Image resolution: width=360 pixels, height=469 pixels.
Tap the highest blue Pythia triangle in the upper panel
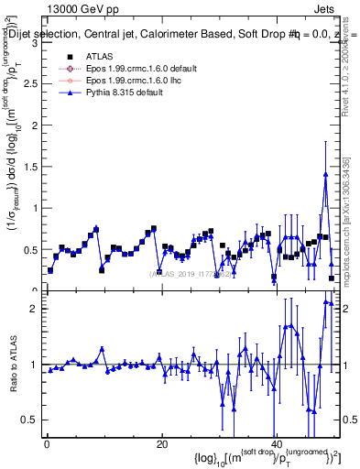click(325, 175)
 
